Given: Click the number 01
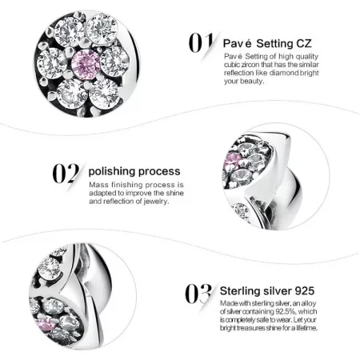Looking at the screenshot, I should (x=200, y=42).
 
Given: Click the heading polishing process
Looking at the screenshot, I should (x=134, y=171).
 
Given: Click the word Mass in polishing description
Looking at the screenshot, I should (x=98, y=185).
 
